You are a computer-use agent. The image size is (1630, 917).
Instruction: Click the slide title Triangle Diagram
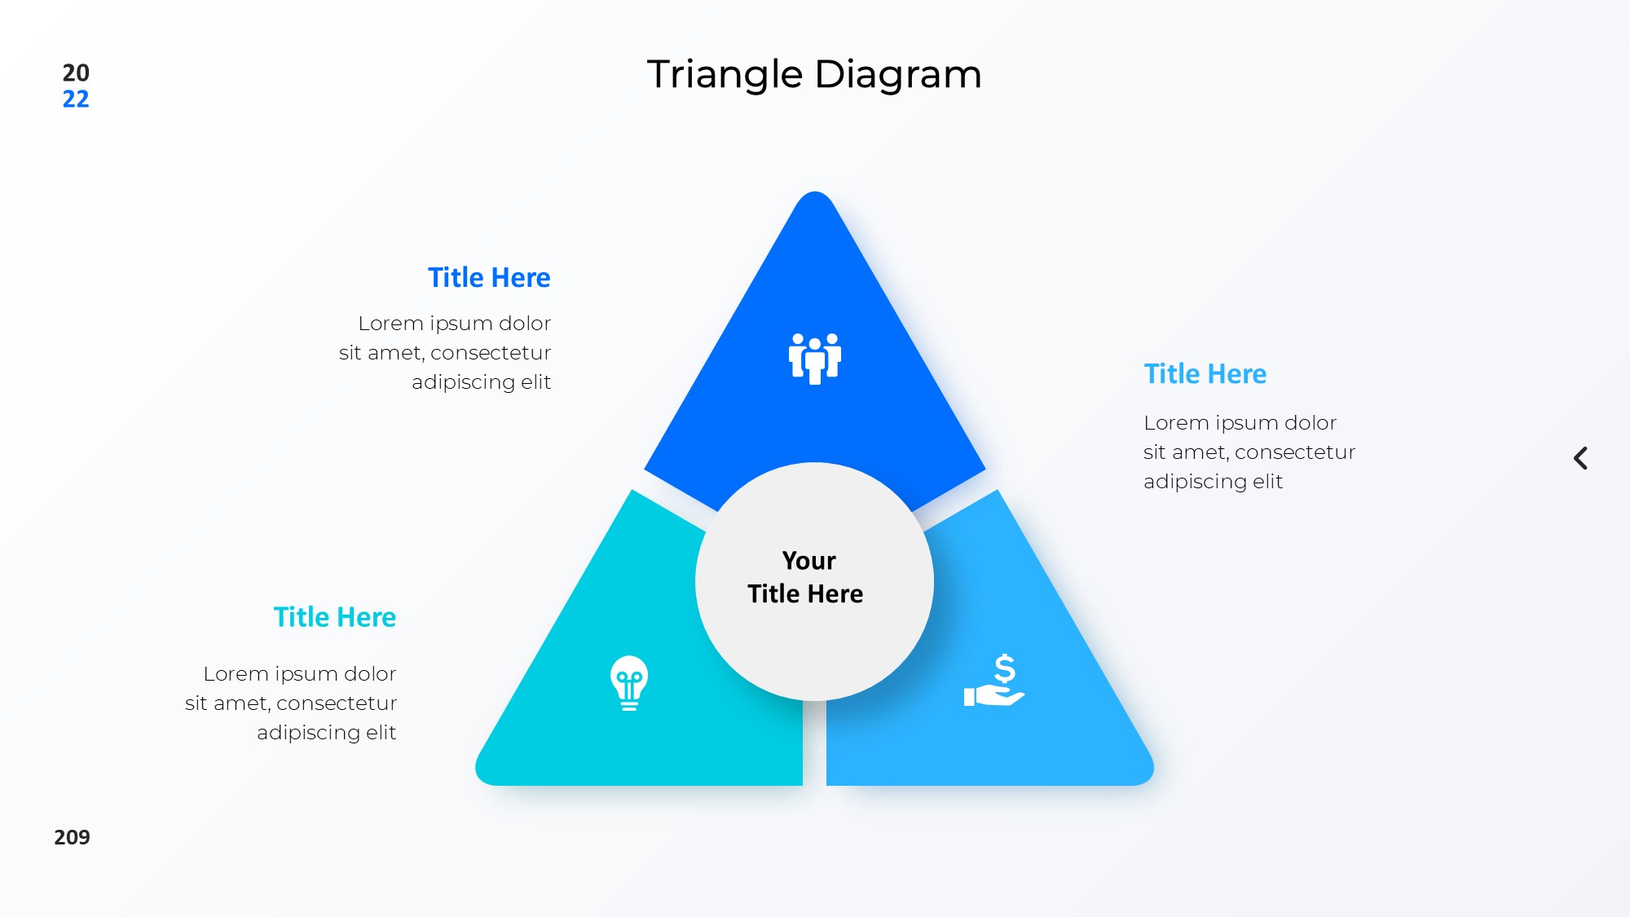814,75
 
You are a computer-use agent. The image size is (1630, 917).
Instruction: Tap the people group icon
815,359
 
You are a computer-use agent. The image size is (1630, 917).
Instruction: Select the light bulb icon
629,683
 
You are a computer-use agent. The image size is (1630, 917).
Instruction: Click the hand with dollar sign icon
994,680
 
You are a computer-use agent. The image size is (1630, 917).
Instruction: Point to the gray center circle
814,581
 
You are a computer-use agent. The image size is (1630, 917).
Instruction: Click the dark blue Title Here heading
489,278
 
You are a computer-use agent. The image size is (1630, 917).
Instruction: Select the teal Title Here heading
335,617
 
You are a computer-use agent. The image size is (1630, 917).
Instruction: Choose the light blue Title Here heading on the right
1205,374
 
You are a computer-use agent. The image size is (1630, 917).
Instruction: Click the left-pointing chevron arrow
1580,458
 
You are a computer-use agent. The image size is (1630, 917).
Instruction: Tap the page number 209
72,837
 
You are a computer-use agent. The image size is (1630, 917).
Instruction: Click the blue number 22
76,99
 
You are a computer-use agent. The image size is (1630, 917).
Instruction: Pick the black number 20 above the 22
76,73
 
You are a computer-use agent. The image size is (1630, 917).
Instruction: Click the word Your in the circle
808,561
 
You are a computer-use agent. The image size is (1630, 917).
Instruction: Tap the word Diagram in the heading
898,75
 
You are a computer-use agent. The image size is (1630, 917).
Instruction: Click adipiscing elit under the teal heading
326,733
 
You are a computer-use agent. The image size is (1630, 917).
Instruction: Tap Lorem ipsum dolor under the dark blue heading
455,324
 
